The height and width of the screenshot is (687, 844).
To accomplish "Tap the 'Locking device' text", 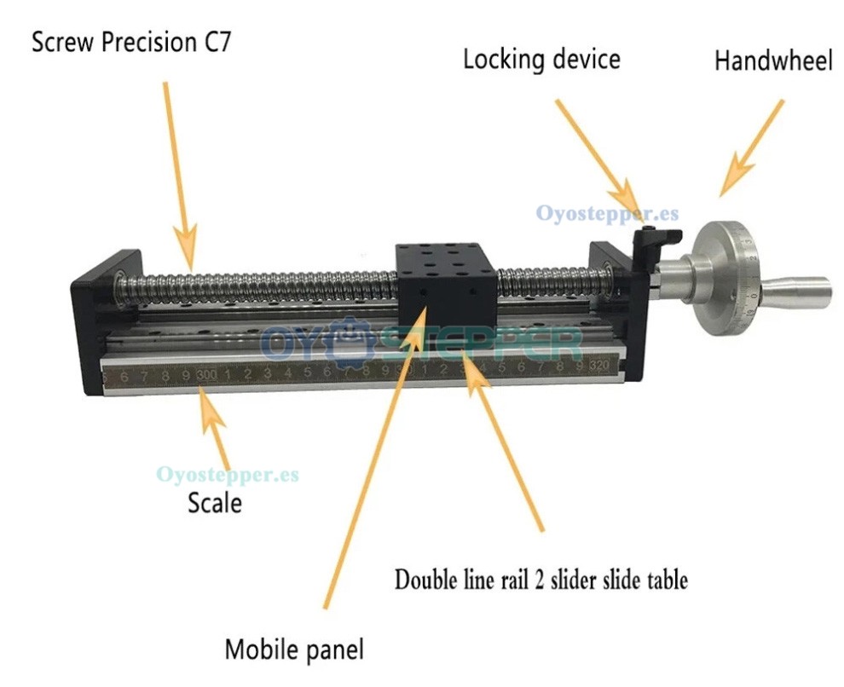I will point(541,60).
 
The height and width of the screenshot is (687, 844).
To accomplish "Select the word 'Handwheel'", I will point(773,61).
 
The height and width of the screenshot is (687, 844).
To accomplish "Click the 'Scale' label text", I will point(215,502).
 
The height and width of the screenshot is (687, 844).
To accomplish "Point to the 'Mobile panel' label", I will point(294,649).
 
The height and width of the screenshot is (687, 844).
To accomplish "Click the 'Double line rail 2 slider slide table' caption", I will point(541,580).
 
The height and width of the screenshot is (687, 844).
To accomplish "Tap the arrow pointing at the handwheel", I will point(751,147).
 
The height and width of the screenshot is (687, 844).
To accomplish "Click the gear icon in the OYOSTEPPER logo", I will point(354,342).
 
